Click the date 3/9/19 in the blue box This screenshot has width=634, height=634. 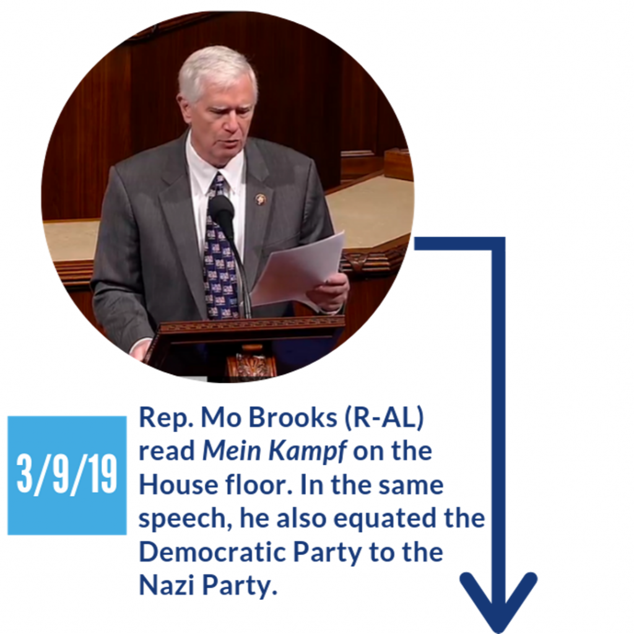tap(67, 474)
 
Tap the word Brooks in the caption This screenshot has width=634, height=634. tap(292, 417)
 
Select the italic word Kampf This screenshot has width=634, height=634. tap(308, 451)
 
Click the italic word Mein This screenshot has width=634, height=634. tap(232, 451)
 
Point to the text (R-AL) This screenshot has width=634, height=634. tap(384, 418)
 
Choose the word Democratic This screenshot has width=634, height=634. tap(212, 552)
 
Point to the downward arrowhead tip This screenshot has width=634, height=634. tap(499, 632)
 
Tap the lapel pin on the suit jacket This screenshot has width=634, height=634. tap(261, 199)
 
